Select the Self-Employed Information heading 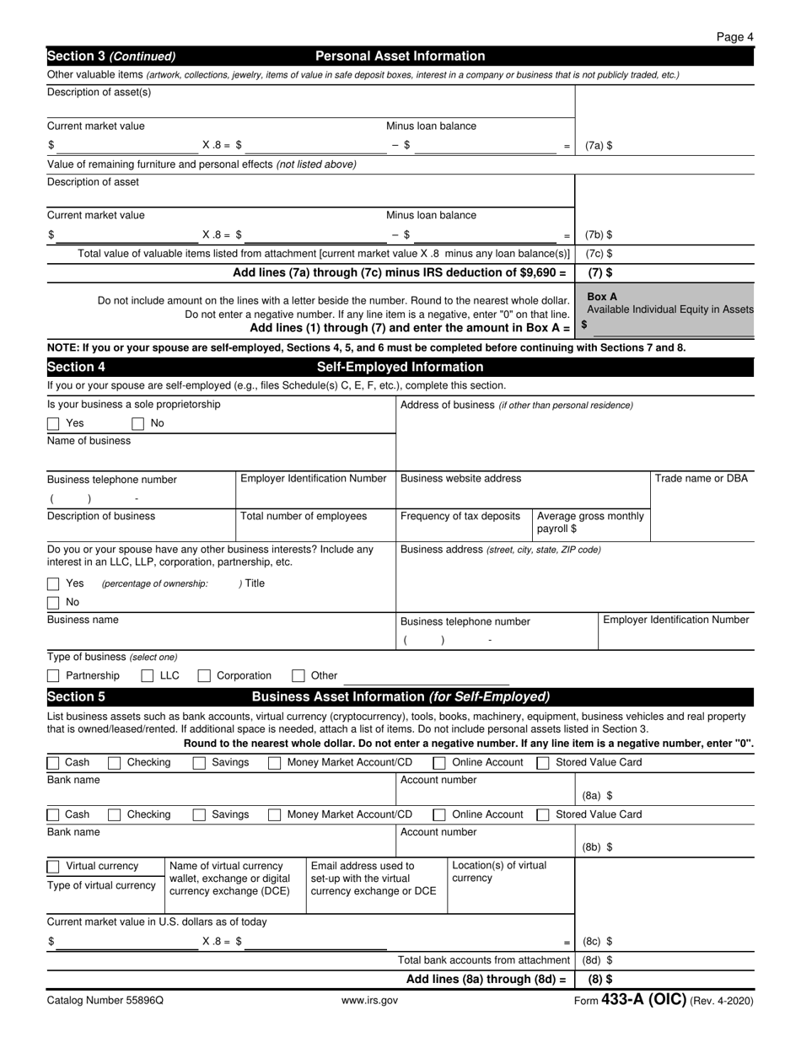(400, 367)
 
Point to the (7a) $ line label (599, 145)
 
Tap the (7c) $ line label (599, 253)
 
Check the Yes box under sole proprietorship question (53, 423)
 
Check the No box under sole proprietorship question (138, 423)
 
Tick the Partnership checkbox (53, 675)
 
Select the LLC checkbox (148, 675)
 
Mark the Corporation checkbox (204, 675)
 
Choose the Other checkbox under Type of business (298, 675)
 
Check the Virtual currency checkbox (53, 866)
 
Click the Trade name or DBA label (701, 478)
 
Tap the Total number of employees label (304, 516)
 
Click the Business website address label (460, 478)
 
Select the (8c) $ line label (597, 941)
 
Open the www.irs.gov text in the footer (370, 1001)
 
